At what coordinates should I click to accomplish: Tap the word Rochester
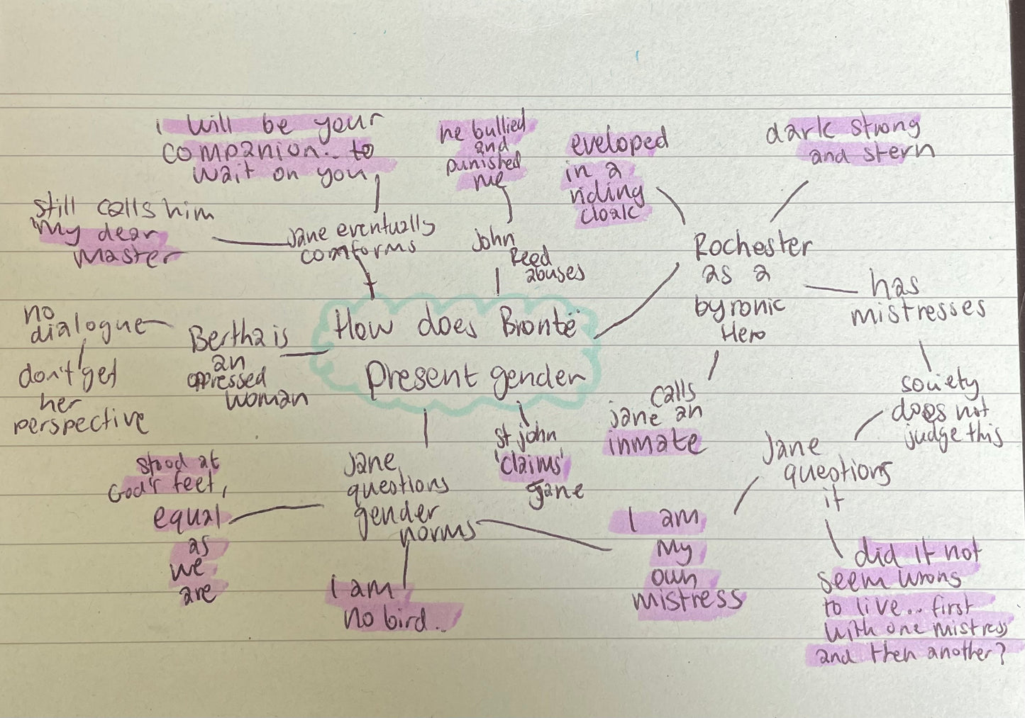[752, 246]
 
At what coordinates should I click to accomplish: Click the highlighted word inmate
[654, 443]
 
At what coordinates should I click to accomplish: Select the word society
[939, 383]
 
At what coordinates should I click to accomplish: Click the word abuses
[555, 274]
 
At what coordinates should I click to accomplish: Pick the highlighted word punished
[483, 163]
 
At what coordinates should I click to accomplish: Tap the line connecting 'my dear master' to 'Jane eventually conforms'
[248, 242]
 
